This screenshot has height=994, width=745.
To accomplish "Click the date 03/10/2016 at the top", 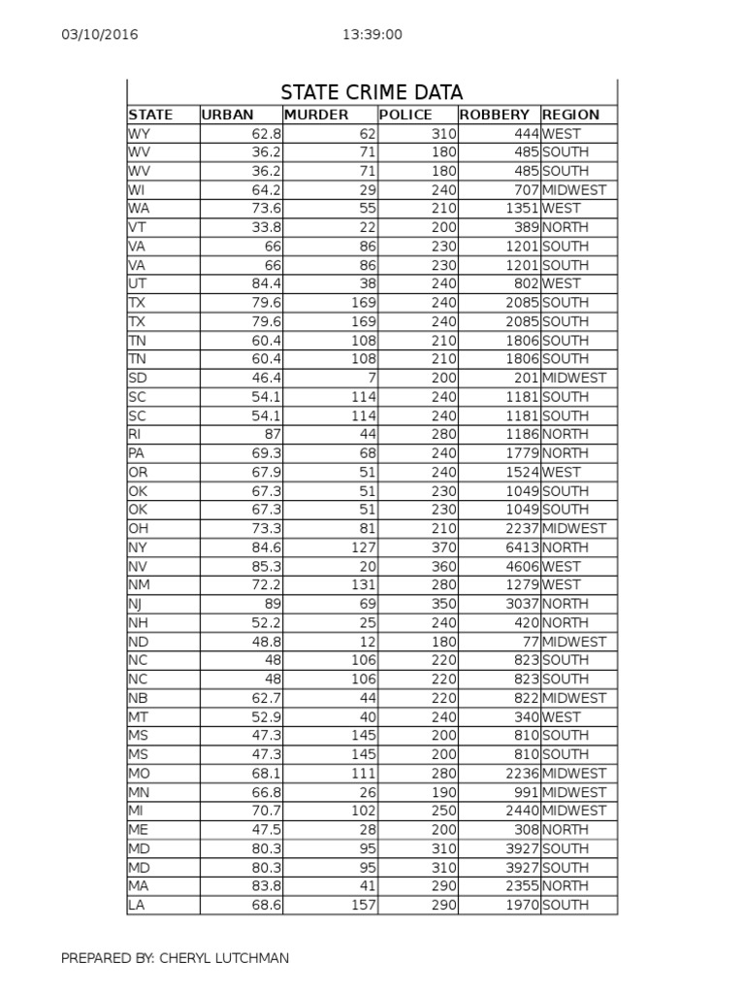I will pos(100,35).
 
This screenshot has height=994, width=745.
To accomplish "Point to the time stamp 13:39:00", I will pos(372,35).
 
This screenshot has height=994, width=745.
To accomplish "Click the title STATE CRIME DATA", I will pos(372,92).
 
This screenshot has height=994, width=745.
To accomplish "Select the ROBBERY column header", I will pos(495,115).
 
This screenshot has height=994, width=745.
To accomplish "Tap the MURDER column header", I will pos(315,115).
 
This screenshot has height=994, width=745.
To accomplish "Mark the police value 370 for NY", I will pos(442,547).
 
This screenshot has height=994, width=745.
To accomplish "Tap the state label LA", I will pos(137,906).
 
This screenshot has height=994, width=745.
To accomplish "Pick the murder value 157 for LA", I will pos(362,906).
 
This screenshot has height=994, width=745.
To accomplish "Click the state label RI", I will pos(134,434).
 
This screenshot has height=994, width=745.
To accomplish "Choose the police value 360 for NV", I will pos(442,566).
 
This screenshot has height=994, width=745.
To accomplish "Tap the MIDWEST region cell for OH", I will pos(574,528).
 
